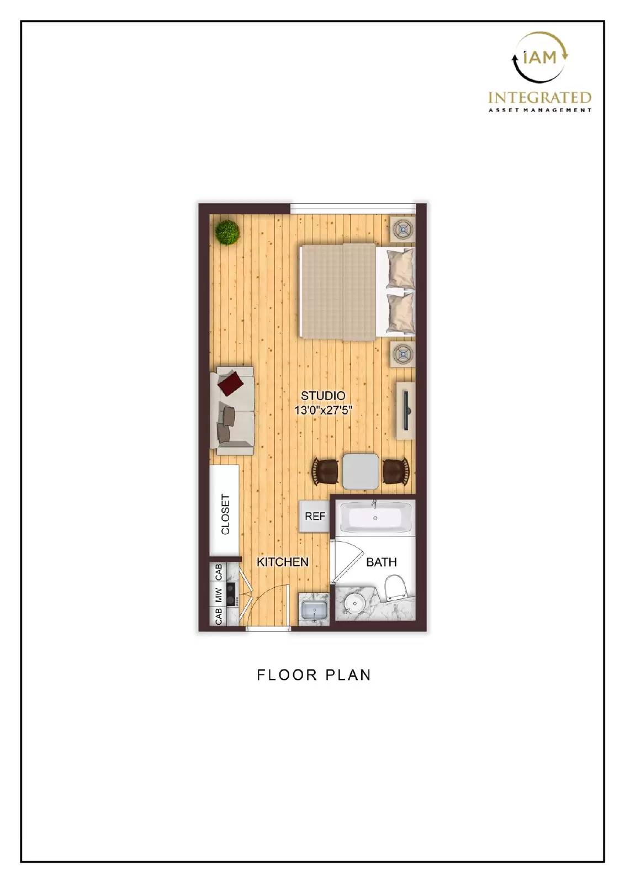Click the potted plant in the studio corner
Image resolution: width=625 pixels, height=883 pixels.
click(x=227, y=232)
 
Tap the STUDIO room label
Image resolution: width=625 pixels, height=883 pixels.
click(x=322, y=396)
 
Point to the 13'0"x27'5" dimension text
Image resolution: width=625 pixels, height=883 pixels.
click(x=322, y=410)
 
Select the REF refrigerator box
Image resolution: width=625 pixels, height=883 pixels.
click(x=315, y=517)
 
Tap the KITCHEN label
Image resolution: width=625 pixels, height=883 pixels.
click(x=283, y=562)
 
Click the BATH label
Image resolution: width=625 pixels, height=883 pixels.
click(x=381, y=562)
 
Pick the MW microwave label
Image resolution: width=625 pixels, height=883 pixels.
click(x=218, y=595)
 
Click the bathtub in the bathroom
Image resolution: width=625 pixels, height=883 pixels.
click(x=375, y=518)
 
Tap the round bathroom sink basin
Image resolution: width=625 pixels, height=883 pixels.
click(x=351, y=604)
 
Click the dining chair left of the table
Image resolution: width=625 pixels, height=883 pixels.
click(x=325, y=472)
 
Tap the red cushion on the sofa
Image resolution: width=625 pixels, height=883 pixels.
click(x=231, y=383)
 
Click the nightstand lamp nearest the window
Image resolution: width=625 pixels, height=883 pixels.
click(x=402, y=228)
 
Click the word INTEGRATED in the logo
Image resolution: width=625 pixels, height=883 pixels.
click(x=539, y=98)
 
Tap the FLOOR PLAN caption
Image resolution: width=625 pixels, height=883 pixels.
click(x=314, y=674)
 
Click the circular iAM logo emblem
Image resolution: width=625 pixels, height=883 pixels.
click(x=539, y=57)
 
